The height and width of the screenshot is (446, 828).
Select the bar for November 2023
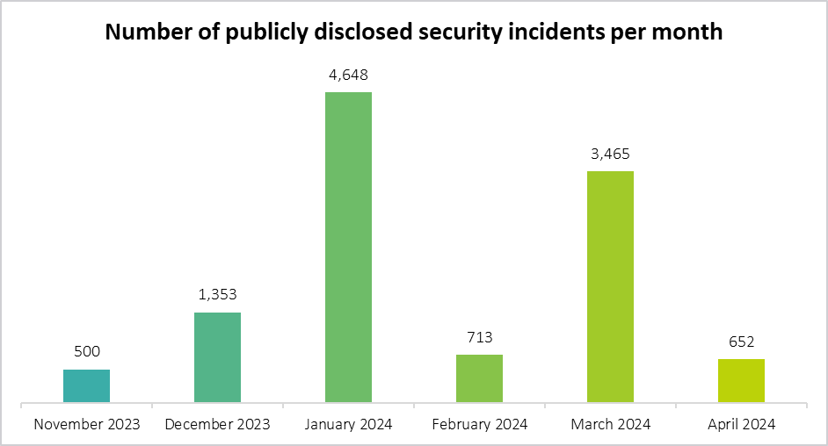pyautogui.click(x=86, y=386)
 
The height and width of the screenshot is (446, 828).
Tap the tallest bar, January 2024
pyautogui.click(x=348, y=248)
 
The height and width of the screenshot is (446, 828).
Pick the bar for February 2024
pyautogui.click(x=479, y=379)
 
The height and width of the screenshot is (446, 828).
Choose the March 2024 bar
pyautogui.click(x=610, y=287)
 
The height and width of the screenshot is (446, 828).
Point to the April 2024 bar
pyautogui.click(x=741, y=381)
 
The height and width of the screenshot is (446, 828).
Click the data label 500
pyautogui.click(x=86, y=352)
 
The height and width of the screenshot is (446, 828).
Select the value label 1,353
pyautogui.click(x=217, y=295)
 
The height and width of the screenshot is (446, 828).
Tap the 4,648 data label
pyautogui.click(x=348, y=75)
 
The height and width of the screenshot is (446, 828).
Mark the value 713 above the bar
pyautogui.click(x=479, y=337)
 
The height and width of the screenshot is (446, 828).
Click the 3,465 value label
pyautogui.click(x=610, y=154)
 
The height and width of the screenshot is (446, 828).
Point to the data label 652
pyautogui.click(x=741, y=342)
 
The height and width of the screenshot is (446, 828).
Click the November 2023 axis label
pyautogui.click(x=86, y=424)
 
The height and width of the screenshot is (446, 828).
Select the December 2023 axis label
pyautogui.click(x=217, y=424)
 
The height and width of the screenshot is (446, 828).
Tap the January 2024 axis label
pyautogui.click(x=348, y=424)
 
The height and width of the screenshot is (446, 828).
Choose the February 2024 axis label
pyautogui.click(x=479, y=424)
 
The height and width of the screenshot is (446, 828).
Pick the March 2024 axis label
pyautogui.click(x=610, y=424)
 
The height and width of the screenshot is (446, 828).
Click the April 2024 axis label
pyautogui.click(x=741, y=424)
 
